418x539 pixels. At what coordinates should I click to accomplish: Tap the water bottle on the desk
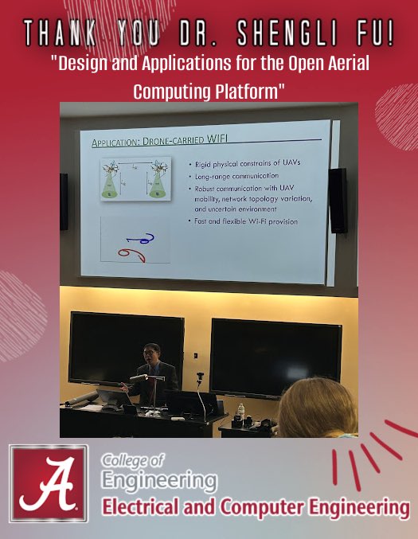click(240, 412)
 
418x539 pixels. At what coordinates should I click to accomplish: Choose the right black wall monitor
click(270, 357)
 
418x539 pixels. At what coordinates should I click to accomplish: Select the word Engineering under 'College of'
click(159, 481)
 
